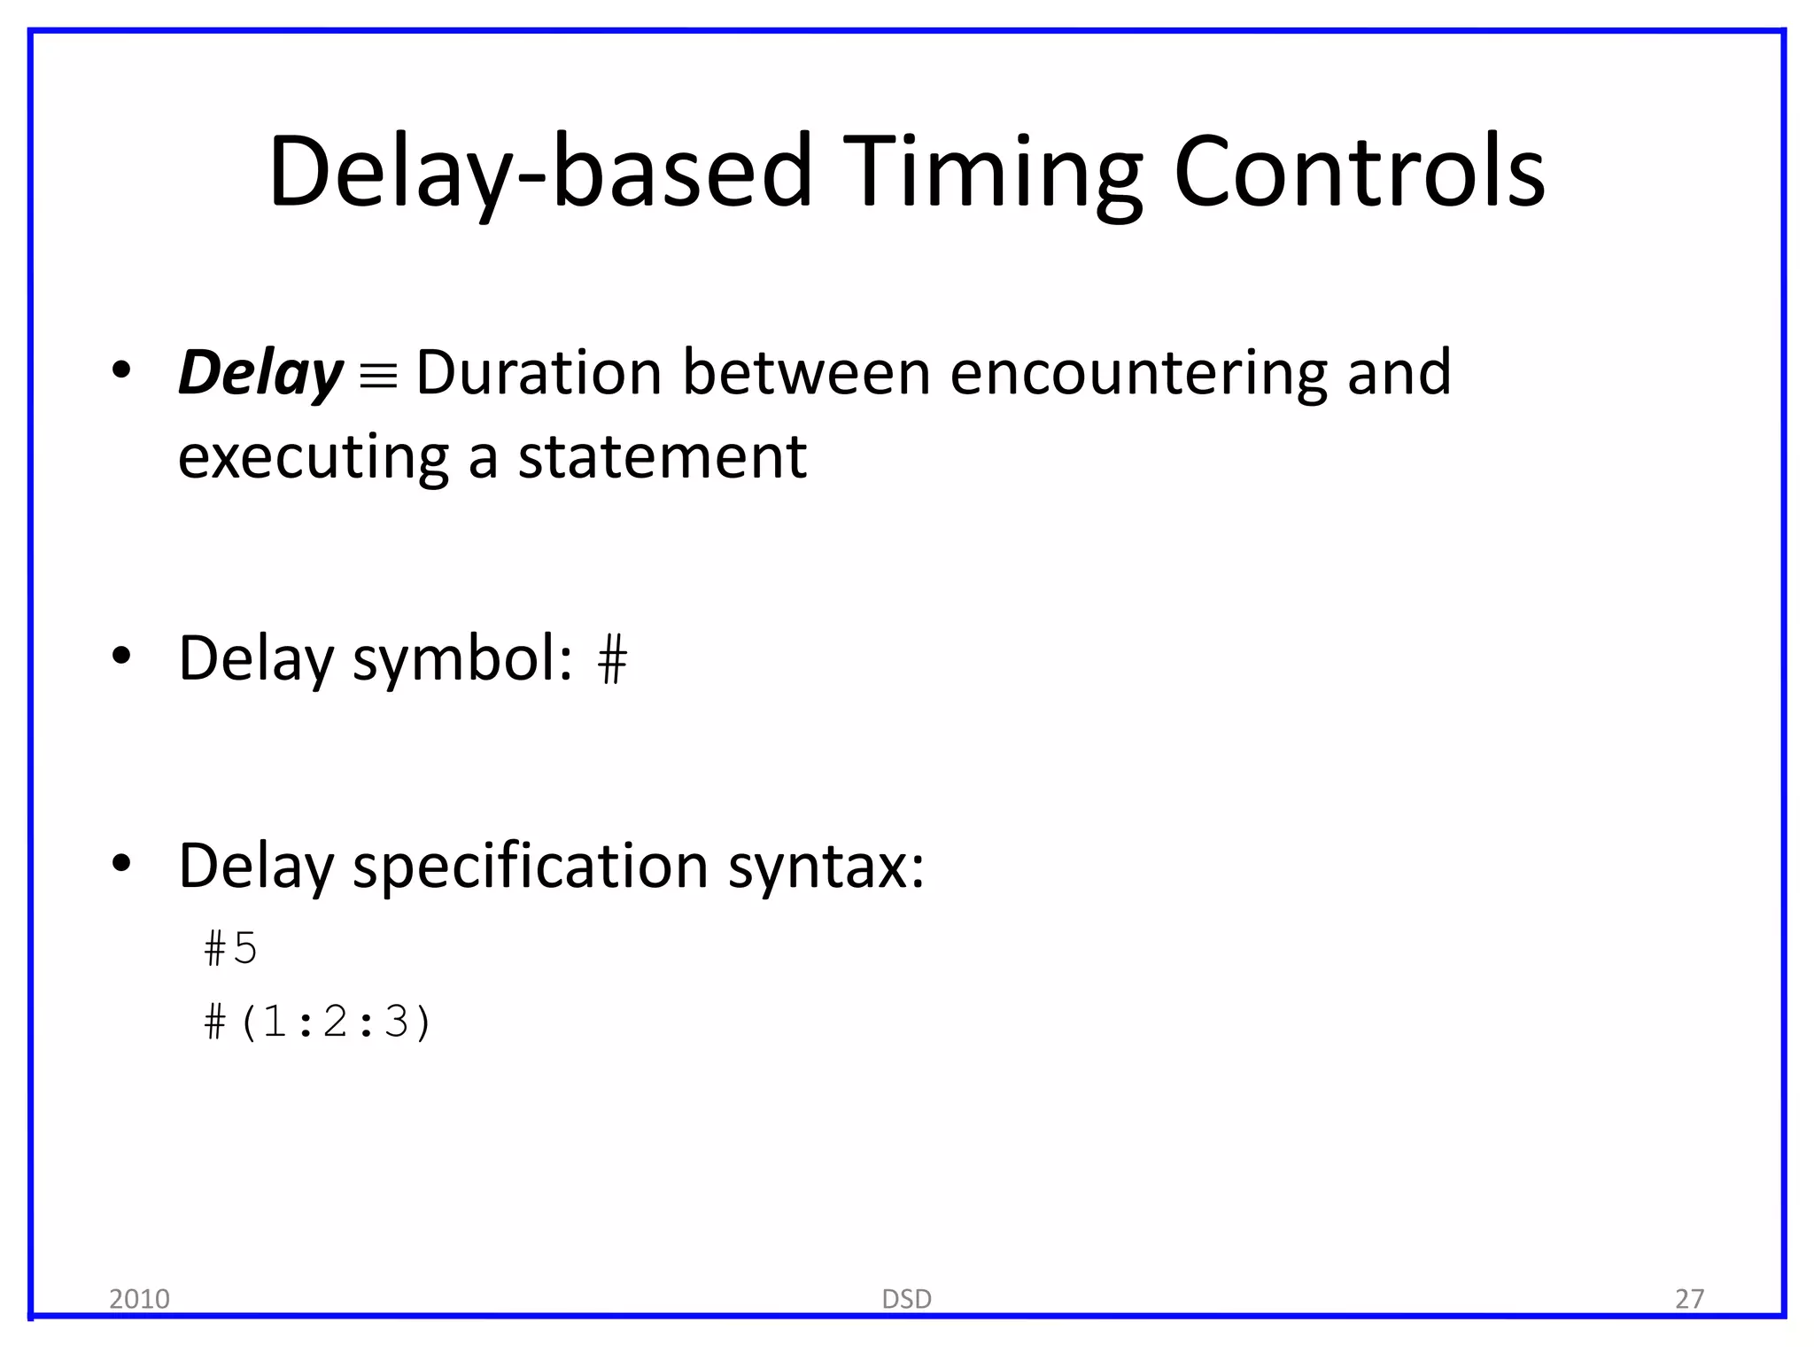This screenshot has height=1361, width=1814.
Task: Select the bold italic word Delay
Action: tap(260, 373)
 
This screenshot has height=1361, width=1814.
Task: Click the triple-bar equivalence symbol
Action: tap(379, 376)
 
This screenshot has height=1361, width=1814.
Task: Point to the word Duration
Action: tap(539, 372)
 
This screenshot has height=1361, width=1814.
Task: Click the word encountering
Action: tap(1138, 372)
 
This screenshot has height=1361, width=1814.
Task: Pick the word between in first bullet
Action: tap(806, 372)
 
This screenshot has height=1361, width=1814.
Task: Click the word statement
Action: tap(662, 458)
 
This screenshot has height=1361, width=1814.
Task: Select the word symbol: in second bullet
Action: tap(462, 659)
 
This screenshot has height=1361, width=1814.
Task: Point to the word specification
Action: tap(531, 866)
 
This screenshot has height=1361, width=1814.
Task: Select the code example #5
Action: tap(230, 949)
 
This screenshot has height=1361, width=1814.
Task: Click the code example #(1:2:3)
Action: tap(317, 1022)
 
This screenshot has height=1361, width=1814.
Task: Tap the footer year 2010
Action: tap(139, 1299)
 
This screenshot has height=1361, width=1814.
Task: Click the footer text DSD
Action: tap(906, 1299)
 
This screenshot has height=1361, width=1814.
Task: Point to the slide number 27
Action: tap(1689, 1299)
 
